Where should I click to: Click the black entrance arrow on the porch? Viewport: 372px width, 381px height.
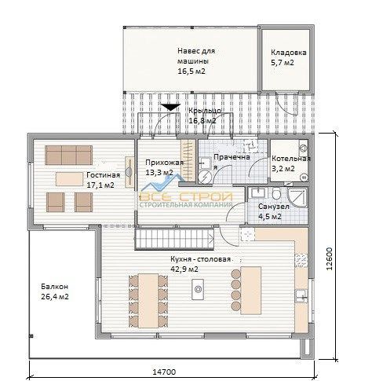pos(170,107)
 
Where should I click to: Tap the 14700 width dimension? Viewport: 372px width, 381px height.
pos(164,372)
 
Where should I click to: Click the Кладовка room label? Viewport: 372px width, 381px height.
pos(289,53)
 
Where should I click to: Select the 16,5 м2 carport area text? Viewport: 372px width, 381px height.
pos(191,71)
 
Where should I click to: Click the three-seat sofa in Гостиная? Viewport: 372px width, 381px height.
pos(69,155)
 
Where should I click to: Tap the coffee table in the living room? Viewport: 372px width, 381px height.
pos(69,179)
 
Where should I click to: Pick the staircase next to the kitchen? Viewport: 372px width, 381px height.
pos(174,239)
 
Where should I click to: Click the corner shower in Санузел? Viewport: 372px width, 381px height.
pos(297,197)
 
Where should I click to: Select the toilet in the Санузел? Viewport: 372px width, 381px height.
pos(276,194)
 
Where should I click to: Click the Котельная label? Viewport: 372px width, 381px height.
pos(291,159)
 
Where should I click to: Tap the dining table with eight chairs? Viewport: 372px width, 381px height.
pos(148,301)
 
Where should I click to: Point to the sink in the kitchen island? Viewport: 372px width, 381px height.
pos(198,289)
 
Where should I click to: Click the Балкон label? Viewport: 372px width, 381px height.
pos(55,287)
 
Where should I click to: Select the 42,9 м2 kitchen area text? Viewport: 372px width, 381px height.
pos(184,269)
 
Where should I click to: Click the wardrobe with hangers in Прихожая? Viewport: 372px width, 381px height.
pos(188,160)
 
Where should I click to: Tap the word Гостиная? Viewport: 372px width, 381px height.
pos(104,175)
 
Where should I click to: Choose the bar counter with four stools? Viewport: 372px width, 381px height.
pos(246,291)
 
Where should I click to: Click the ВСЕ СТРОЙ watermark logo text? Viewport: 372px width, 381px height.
pos(186,196)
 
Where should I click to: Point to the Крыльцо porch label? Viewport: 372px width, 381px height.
pos(205,111)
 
